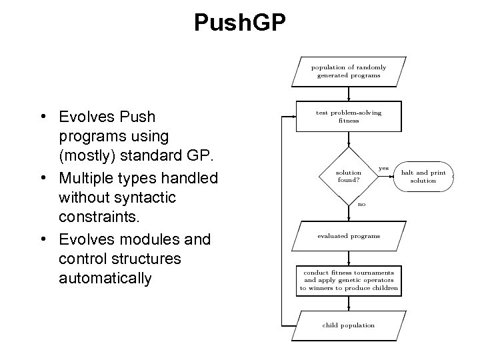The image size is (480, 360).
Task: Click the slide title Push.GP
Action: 239,23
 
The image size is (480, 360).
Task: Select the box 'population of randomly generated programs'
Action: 349,71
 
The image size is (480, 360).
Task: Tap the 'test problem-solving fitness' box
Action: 349,117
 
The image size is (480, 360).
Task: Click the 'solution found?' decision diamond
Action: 349,176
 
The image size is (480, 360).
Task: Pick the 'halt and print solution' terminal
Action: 423,176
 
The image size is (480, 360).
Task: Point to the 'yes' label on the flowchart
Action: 383,168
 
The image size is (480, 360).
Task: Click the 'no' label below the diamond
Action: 361,204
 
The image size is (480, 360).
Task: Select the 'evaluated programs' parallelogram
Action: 349,236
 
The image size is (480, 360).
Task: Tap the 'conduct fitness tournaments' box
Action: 349,280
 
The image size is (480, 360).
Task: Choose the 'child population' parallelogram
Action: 349,325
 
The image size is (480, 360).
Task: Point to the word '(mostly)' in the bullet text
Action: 86,157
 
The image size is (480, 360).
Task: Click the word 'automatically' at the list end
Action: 105,278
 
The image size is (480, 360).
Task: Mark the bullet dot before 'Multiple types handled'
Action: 42,179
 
